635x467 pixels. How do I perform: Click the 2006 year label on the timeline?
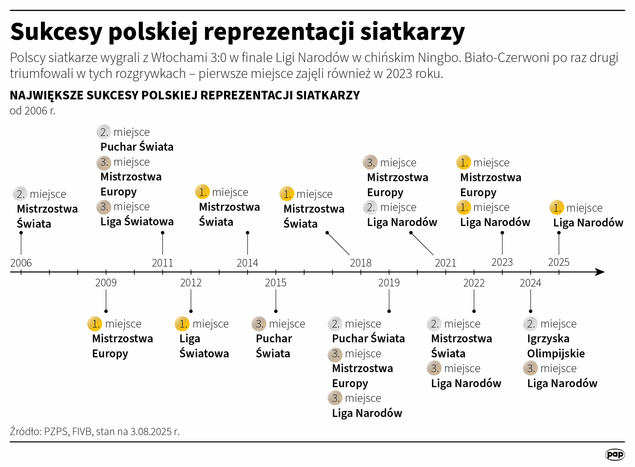point(21,263)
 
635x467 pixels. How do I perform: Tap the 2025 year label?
point(559,262)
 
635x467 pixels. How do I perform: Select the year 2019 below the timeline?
point(389,283)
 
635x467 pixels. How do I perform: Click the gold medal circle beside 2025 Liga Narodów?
point(556,207)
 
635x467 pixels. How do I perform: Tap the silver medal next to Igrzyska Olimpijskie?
point(530,324)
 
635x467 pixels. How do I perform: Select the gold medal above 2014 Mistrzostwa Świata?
point(202,192)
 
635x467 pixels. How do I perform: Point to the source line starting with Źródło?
point(95,432)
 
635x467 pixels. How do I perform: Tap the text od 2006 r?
point(32,111)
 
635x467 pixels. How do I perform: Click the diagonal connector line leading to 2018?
point(338,244)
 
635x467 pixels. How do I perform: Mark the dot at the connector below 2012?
point(191,311)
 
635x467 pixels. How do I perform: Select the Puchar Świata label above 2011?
point(137,147)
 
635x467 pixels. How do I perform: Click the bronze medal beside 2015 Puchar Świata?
point(258,324)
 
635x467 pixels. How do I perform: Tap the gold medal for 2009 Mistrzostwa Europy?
point(95,324)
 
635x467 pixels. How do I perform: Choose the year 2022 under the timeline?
point(474,283)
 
